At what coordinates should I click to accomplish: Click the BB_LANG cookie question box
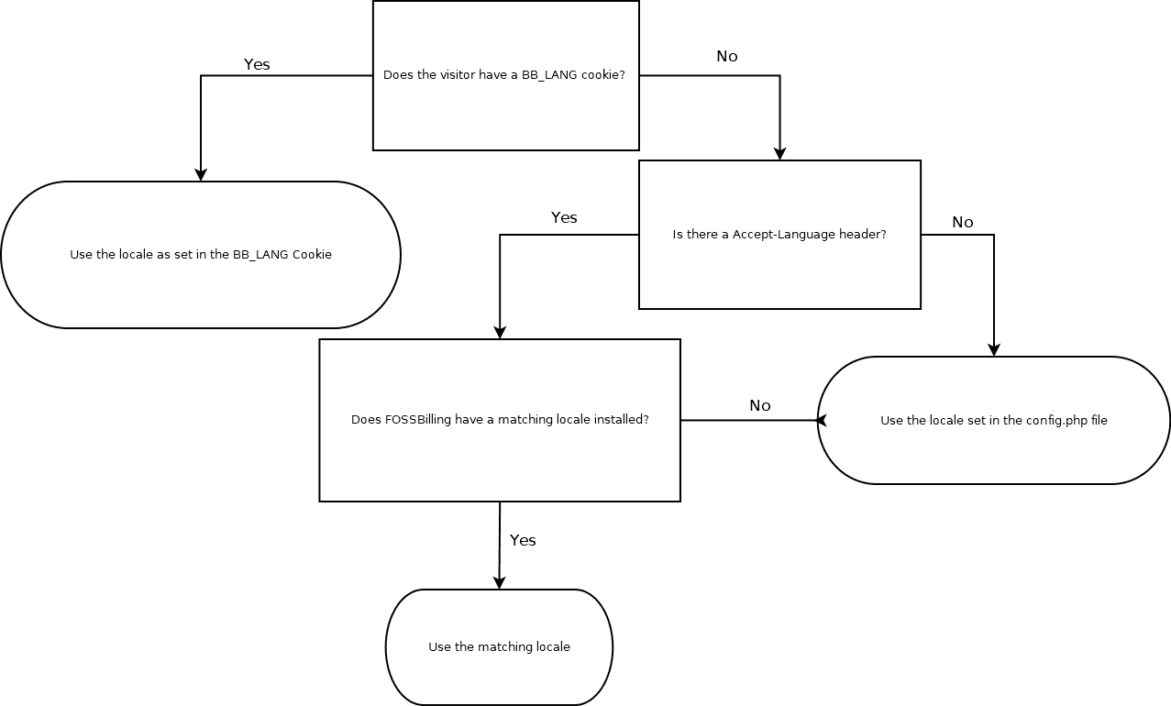(x=505, y=75)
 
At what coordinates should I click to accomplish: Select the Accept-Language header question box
(x=779, y=235)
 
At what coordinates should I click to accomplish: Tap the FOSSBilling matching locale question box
(x=500, y=420)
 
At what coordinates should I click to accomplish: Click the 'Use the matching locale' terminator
(x=499, y=647)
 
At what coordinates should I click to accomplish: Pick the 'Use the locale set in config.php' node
(x=994, y=421)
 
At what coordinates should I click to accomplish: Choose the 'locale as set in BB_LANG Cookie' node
(x=201, y=255)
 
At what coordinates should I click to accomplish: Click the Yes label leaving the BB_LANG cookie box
(x=257, y=65)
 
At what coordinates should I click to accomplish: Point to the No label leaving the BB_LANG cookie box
(x=726, y=57)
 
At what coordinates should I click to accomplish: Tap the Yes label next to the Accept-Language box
(x=564, y=218)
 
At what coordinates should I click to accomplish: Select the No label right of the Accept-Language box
(x=963, y=223)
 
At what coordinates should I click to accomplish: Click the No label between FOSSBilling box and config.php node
(x=760, y=406)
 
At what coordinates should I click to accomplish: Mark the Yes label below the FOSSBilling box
(x=523, y=541)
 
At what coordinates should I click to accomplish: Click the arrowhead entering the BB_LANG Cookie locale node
(x=201, y=175)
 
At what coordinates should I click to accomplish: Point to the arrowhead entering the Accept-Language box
(x=779, y=154)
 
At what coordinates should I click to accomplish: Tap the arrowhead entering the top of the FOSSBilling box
(x=500, y=333)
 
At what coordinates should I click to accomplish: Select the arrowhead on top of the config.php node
(x=994, y=350)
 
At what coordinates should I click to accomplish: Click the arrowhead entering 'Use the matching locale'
(x=499, y=582)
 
